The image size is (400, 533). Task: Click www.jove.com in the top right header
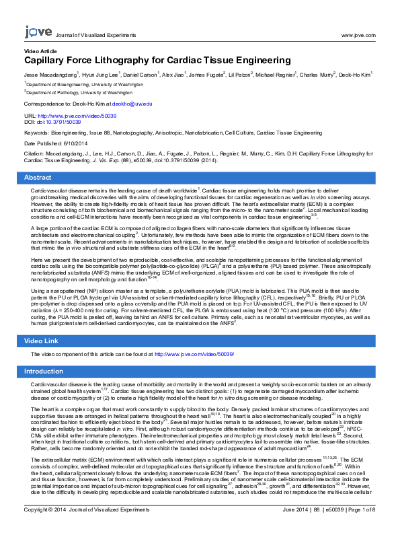pos(358,34)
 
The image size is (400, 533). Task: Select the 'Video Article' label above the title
pos(40,51)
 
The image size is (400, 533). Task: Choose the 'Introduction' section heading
pos(44,371)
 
